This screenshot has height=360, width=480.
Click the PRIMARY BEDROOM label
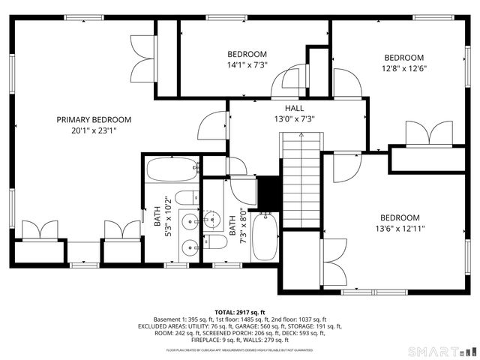tap(94, 119)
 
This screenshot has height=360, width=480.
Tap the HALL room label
tap(283, 108)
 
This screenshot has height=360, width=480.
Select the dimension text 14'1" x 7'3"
tap(247, 64)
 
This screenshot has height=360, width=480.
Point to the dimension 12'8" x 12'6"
tap(403, 68)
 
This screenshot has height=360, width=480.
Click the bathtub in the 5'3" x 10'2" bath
tap(172, 169)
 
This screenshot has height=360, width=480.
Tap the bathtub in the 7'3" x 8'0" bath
tap(264, 236)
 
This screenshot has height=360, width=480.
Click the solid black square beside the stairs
tap(266, 193)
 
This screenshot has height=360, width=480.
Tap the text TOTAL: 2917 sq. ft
tap(240, 312)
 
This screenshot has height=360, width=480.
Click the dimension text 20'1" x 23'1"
tap(94, 130)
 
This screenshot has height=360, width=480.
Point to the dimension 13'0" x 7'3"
tap(283, 118)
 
